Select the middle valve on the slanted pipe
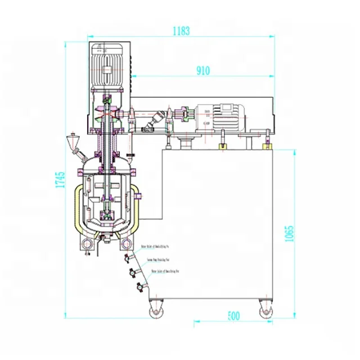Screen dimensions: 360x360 (x=131, y=273)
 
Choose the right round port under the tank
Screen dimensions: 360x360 (x=128, y=243)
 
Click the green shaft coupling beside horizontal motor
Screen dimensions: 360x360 (x=183, y=115)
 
